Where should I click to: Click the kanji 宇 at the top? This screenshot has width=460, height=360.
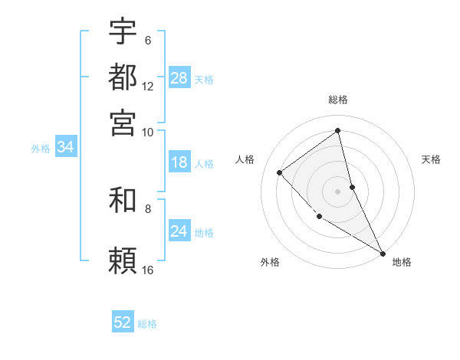pos(123,31)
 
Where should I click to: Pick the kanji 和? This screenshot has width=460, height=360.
pos(123,201)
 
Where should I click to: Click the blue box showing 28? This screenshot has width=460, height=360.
pos(179,78)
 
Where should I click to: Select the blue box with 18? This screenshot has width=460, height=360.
pos(179,162)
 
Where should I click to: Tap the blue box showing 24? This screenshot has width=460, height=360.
pos(179,231)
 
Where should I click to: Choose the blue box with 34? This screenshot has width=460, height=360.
pos(65,148)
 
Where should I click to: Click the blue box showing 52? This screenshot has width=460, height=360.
pos(123,322)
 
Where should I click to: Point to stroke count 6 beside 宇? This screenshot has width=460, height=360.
pos(148,40)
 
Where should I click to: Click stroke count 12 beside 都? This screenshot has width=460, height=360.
pos(148,87)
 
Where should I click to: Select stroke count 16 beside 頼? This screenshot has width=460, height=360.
pos(148,270)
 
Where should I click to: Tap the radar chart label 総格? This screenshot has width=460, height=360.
pos(338,100)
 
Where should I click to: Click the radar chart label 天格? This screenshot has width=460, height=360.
pos(432,159)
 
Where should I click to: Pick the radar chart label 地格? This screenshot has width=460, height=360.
pos(402,262)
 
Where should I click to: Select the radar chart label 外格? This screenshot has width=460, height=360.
pos(270,262)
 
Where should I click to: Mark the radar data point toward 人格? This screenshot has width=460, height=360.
pos(280,172)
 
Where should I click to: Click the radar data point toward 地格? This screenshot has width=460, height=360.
pos(383,253)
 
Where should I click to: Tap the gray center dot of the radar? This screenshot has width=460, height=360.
pos(338,191)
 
